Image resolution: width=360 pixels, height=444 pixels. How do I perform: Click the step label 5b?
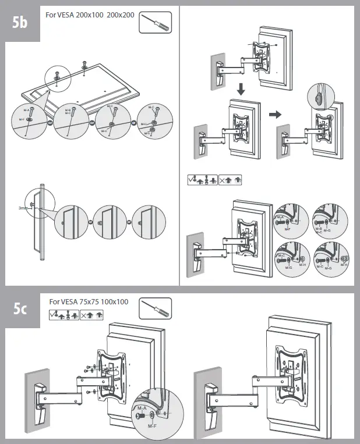coord(20,23)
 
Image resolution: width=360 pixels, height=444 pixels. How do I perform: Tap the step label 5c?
coord(20,310)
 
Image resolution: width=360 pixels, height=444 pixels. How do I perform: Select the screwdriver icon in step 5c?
coord(156,308)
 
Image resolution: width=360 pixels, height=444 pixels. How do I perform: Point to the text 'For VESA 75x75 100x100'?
coord(89,302)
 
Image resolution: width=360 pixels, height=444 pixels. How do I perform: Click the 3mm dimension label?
coord(24,206)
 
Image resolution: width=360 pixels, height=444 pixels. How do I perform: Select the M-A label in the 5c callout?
coord(140,409)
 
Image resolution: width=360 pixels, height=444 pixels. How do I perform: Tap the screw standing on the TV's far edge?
coord(85,64)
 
